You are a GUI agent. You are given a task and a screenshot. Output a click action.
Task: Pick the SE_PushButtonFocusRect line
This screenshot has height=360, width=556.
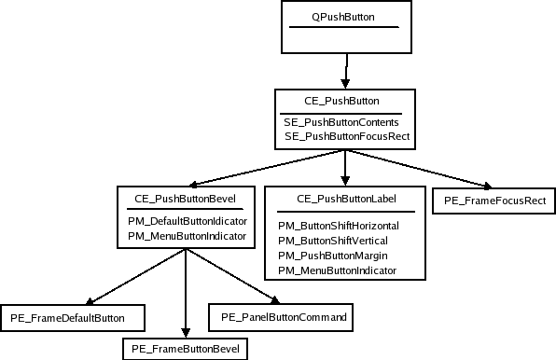[x=347, y=137]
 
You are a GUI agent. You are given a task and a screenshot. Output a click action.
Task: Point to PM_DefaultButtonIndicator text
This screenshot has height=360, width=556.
[x=187, y=221]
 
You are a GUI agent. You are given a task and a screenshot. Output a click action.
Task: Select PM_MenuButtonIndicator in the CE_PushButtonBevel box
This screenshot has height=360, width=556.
[x=187, y=237]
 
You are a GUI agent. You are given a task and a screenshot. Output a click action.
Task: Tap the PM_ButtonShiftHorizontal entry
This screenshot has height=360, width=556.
[x=339, y=226]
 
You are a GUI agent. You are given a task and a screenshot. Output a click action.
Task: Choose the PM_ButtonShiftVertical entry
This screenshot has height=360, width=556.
[x=332, y=241]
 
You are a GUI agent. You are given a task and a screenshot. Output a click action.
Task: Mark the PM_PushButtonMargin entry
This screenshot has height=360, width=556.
[x=332, y=256]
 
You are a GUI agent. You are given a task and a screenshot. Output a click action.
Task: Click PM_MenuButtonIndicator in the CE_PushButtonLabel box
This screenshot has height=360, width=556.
[x=337, y=270]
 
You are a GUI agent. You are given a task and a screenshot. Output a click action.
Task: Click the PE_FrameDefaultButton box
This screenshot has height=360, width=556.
[x=74, y=319]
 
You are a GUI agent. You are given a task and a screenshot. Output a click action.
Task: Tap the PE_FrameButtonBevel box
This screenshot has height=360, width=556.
[x=185, y=348]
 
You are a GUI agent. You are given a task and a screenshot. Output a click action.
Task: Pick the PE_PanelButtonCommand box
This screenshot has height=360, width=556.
[x=284, y=318]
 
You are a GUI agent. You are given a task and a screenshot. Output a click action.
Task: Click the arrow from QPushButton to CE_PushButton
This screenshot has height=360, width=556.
[x=346, y=70]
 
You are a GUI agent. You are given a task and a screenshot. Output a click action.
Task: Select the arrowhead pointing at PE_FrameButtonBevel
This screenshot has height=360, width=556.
[x=186, y=332]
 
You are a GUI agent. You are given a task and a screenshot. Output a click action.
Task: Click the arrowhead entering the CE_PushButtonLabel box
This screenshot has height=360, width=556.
[x=345, y=179]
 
